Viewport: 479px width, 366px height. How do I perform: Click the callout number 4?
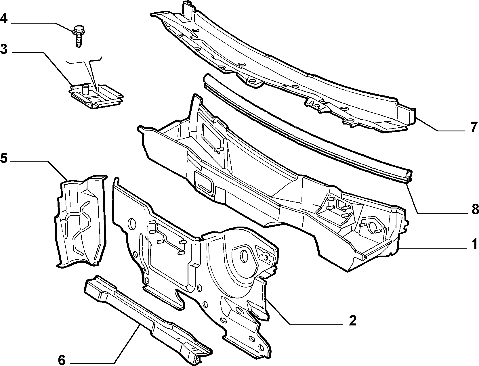pos(4,18)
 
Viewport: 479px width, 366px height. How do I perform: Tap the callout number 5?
pos(4,158)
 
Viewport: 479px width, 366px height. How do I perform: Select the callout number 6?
pos(62,360)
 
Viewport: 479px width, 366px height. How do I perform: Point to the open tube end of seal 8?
pos(409,174)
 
